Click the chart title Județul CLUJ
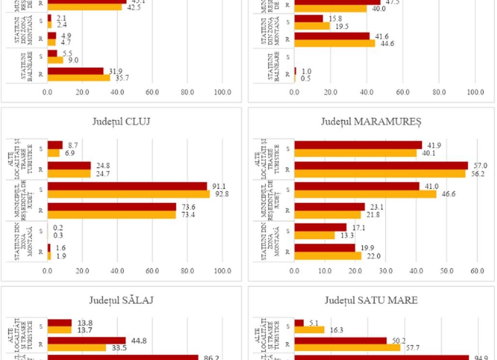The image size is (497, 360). pyautogui.click(x=121, y=121)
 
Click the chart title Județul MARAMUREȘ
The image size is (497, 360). pyautogui.click(x=371, y=121)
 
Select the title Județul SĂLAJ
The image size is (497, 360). pyautogui.click(x=121, y=300)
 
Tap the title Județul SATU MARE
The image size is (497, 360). pyautogui.click(x=371, y=300)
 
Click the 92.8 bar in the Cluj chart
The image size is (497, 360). pyautogui.click(x=129, y=194)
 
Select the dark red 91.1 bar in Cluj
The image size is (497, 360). pyautogui.click(x=127, y=186)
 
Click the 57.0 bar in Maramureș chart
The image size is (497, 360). pyautogui.click(x=381, y=165)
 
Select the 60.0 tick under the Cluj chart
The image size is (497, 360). pyautogui.click(x=152, y=271)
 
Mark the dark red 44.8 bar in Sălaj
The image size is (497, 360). pyautogui.click(x=86, y=341)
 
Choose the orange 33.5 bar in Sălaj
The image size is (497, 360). pyautogui.click(x=77, y=348)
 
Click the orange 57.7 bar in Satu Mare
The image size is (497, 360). pyautogui.click(x=347, y=348)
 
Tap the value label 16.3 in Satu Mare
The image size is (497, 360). pyautogui.click(x=336, y=330)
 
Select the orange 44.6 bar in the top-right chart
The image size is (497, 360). pyautogui.click(x=334, y=43)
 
